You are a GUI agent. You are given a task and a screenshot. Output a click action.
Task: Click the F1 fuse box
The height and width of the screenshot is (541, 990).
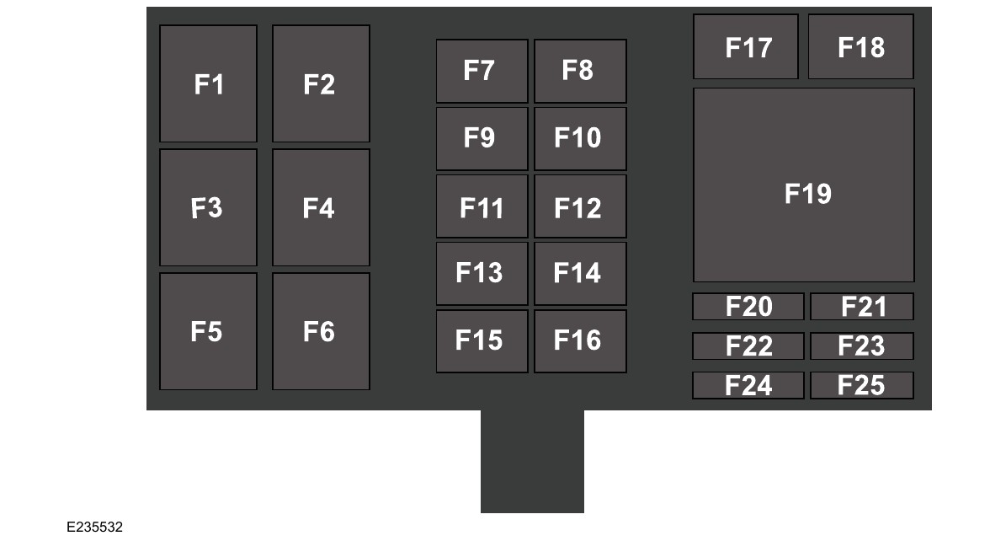click(208, 83)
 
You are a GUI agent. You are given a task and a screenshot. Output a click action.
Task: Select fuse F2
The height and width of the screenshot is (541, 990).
click(321, 83)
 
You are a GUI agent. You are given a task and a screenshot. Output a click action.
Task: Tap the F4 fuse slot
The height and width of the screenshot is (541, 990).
click(321, 207)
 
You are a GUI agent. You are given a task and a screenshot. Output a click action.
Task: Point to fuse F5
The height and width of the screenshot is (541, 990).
click(208, 331)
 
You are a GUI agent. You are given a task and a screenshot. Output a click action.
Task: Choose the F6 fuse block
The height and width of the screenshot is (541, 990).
click(321, 331)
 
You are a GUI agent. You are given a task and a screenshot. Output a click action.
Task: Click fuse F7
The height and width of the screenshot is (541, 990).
click(482, 71)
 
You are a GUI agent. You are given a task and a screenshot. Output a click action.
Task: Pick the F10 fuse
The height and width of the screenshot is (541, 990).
click(580, 138)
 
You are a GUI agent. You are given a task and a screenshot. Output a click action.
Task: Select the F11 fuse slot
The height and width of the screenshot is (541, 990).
click(482, 206)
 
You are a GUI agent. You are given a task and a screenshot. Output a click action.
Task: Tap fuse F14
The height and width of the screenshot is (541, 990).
click(580, 274)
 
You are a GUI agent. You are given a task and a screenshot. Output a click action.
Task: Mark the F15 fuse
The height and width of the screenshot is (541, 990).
click(482, 341)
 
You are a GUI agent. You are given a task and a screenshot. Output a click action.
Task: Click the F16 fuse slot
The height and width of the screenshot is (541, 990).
click(580, 341)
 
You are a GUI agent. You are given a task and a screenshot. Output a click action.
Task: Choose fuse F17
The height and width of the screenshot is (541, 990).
click(746, 47)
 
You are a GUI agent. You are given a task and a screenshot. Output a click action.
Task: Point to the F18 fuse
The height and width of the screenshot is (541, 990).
click(860, 47)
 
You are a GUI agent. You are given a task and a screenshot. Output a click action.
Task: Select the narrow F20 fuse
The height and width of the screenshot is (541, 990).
click(748, 307)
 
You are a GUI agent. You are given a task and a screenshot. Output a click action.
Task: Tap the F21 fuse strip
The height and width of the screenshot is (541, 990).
click(862, 307)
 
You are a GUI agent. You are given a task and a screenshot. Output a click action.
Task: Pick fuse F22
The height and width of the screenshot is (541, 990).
click(748, 346)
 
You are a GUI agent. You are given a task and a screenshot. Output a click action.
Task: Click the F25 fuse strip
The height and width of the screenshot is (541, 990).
click(862, 385)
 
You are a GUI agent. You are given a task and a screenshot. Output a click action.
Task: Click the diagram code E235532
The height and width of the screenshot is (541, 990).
click(95, 528)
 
